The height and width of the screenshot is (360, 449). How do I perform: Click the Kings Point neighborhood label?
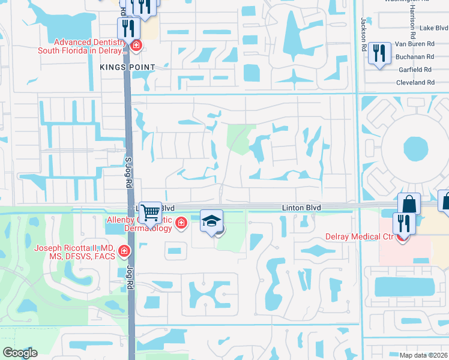coord(128,67)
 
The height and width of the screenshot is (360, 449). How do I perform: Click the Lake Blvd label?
coord(433,28)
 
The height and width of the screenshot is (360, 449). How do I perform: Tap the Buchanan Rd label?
coord(414,56)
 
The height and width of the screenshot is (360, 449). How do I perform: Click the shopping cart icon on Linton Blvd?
coord(150,212)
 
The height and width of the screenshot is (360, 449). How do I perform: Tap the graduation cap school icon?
coord(211,221)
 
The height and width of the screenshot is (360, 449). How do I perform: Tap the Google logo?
coord(20,352)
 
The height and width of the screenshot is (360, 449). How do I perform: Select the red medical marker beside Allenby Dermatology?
coord(181,224)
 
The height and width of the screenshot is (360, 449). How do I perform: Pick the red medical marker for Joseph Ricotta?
coord(124,251)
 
